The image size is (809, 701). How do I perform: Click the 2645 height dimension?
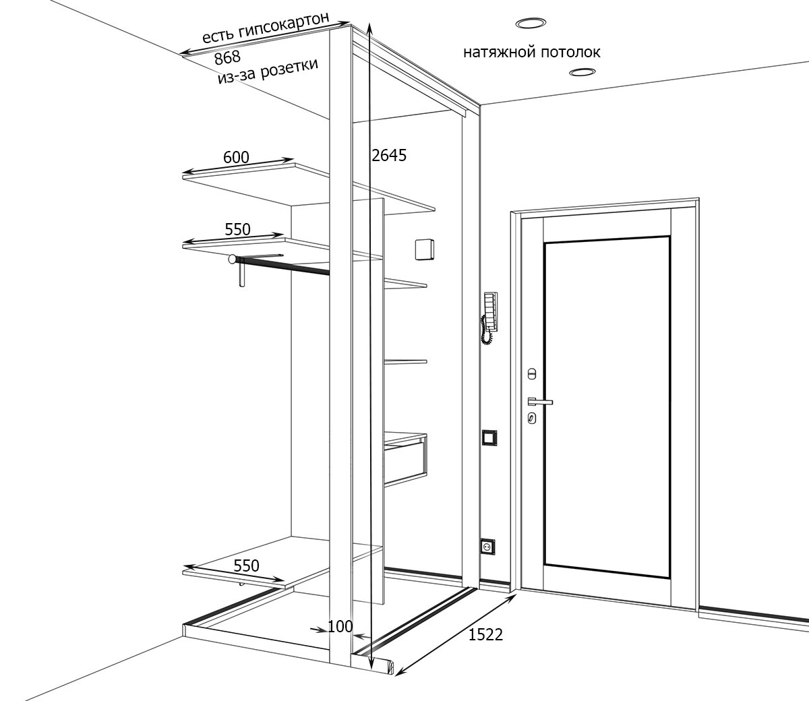389,156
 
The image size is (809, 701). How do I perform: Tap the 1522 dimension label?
485,634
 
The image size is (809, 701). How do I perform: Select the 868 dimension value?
227,59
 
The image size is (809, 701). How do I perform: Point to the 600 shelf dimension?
236,158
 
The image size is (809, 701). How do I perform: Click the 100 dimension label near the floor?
340,626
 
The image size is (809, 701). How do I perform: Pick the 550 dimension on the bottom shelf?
246,566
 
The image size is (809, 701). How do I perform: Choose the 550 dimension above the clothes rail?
237,230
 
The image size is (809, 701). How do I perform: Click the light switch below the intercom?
489,438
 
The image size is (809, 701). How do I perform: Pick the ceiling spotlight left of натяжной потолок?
531,24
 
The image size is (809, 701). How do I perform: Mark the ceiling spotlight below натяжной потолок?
581,71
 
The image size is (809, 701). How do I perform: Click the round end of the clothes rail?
233,259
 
